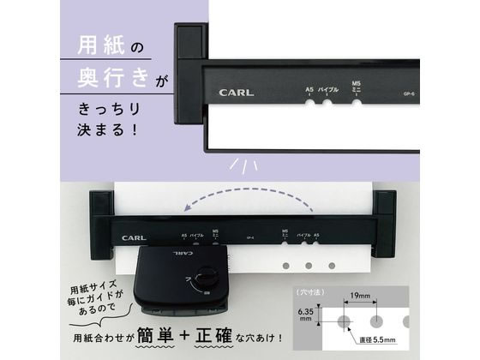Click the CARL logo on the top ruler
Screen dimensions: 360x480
[236, 92]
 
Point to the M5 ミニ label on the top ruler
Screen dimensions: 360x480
[357, 86]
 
